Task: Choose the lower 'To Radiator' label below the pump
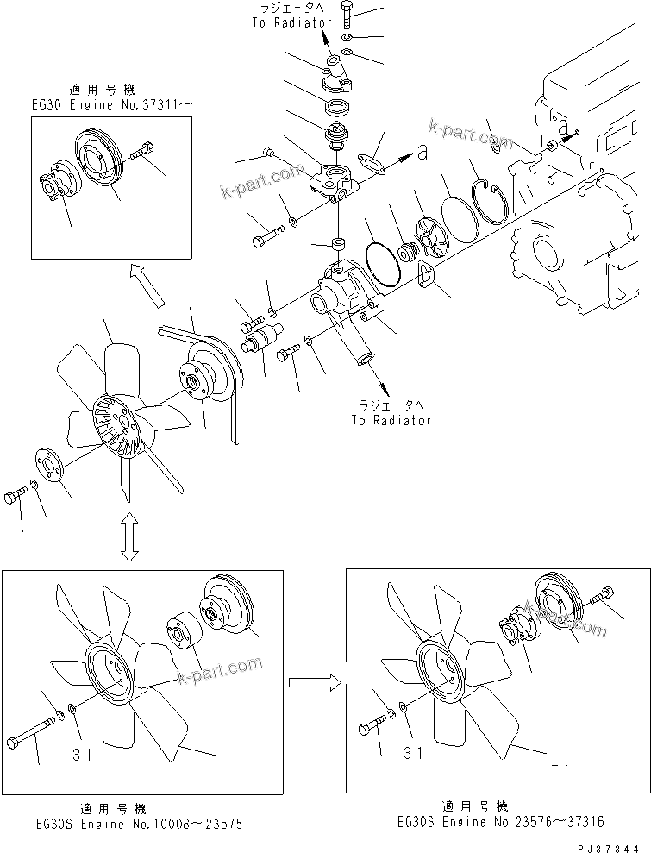pos(390,420)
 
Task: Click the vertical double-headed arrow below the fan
pos(128,536)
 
